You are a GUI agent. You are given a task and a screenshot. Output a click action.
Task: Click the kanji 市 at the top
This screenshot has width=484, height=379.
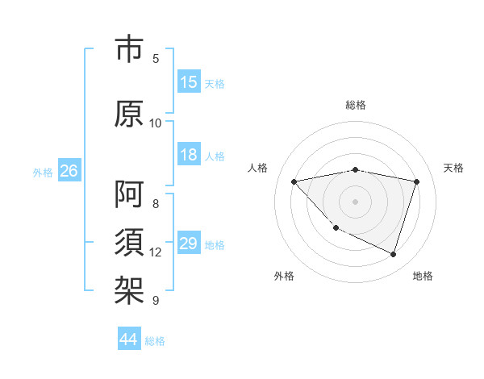[x=129, y=49]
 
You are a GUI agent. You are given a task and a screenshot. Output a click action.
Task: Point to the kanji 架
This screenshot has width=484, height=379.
[x=129, y=289]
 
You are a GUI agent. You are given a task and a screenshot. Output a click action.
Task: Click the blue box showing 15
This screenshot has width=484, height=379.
[x=189, y=82]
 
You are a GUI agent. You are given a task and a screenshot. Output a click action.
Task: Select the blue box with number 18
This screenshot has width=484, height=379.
[x=189, y=155]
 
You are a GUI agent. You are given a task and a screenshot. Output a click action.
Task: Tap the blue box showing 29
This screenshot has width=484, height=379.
[x=189, y=244]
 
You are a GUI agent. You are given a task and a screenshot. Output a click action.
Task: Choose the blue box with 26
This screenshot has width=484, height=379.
[x=69, y=171]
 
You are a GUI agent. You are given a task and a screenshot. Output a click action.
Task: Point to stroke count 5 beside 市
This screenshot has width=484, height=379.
[x=156, y=58]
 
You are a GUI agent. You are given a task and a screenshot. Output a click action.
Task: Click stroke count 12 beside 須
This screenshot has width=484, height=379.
[x=156, y=252]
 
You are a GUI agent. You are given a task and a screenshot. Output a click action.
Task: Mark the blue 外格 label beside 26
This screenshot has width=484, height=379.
[x=43, y=172]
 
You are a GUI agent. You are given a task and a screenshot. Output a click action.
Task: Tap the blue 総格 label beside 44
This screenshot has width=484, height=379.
[x=155, y=341]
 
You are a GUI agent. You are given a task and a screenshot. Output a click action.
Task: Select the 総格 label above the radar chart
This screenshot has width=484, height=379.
[x=356, y=105]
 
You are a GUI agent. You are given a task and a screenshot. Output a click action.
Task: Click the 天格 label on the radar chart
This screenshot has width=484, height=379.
[x=453, y=168]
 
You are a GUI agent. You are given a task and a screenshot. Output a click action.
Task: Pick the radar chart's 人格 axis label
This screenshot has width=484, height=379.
[x=258, y=168]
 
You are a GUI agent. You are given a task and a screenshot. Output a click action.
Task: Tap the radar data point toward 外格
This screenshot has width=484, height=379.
[x=336, y=228]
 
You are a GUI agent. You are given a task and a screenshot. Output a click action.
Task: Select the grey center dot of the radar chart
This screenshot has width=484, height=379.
[x=356, y=201]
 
